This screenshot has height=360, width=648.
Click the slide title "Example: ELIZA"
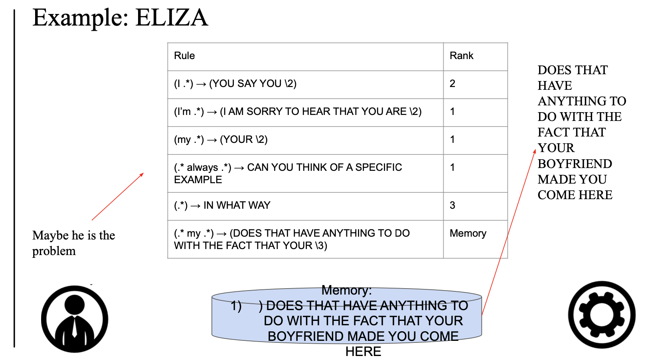120,18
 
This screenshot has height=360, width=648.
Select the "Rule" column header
184,56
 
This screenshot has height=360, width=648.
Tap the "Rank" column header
461,56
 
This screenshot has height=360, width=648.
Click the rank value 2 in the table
452,84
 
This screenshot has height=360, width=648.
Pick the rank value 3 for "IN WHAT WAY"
452,206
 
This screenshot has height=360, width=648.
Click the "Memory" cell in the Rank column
468,233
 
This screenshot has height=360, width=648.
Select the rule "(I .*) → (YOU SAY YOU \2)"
235,84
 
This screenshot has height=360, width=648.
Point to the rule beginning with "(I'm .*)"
298,112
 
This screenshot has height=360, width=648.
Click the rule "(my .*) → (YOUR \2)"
221,140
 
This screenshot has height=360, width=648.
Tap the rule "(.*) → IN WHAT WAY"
222,206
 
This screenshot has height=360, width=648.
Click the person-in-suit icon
75,319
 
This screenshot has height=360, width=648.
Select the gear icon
602,315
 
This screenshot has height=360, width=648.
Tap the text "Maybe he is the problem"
73,243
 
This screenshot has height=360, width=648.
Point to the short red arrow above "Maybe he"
117,196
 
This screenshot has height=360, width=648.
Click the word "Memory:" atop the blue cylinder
346,290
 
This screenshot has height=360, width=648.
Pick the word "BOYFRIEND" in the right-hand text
575,164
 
